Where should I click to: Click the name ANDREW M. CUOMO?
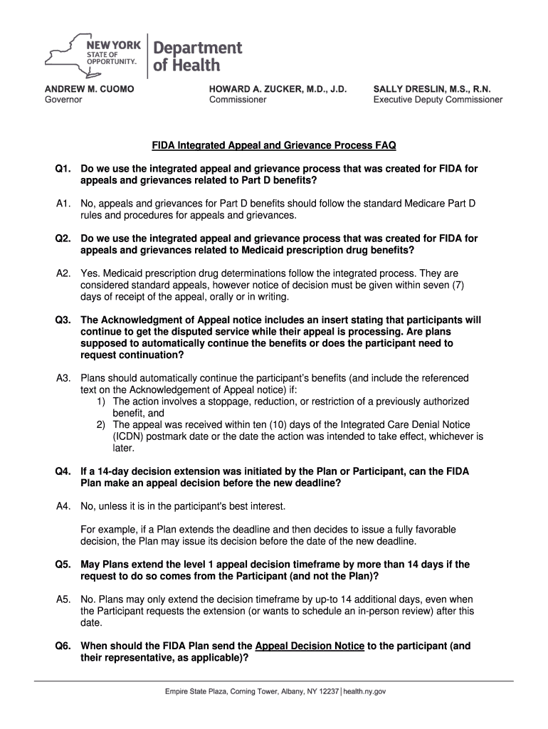tap(90, 89)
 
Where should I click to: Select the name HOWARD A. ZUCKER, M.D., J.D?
tap(278, 89)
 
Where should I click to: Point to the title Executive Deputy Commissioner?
tap(438, 100)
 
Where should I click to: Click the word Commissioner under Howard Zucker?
tap(238, 100)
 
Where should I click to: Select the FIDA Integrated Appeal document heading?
tap(274, 146)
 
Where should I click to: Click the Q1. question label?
tap(64, 169)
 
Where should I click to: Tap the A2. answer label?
tap(64, 273)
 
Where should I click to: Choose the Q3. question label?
tap(64, 320)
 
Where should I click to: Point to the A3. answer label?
tap(64, 378)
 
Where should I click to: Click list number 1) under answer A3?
tap(102, 402)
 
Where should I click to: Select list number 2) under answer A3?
tap(102, 425)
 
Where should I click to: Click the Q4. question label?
tap(64, 471)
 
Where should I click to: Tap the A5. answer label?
tap(64, 599)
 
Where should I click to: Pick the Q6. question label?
tap(64, 646)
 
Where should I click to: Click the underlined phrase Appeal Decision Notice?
tap(310, 646)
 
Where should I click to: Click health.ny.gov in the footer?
tap(364, 691)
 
